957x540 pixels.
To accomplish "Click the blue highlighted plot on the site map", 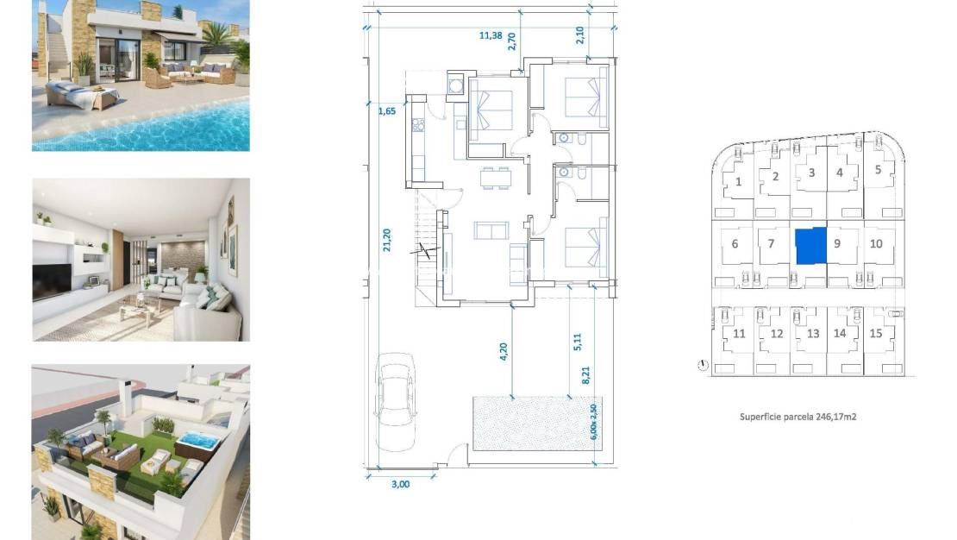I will coord(810,246).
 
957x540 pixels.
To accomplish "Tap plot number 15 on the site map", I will coord(876,334).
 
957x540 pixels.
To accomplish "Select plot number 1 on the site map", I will coord(740,181).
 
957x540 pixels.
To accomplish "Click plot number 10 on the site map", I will coord(876,244).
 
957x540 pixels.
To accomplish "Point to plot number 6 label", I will coord(735,244).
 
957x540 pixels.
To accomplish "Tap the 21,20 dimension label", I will coord(386,239).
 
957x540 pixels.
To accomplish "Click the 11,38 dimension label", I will coord(491,35).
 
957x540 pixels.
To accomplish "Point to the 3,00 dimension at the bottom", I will coord(400,484).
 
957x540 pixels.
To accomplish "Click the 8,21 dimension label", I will coord(585,375).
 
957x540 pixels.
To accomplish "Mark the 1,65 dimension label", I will coord(386,110).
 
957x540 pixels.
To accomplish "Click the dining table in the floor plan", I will coord(495,178).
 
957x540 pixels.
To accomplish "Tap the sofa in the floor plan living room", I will coord(491,230).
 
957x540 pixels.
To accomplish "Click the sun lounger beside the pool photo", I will coord(80,95).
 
